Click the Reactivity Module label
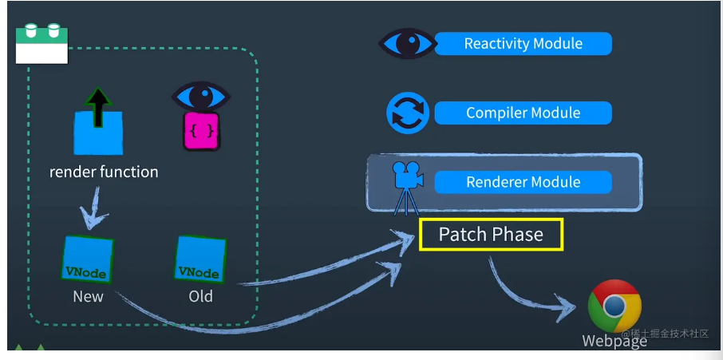click(x=523, y=44)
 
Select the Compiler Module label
click(x=523, y=113)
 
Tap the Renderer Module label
click(x=523, y=182)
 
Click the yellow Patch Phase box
click(x=491, y=235)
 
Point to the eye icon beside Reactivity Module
click(x=407, y=43)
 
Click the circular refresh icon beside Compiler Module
click(x=408, y=113)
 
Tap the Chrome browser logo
click(x=614, y=306)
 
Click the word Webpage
click(x=614, y=342)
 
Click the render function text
click(x=104, y=172)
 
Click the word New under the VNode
click(x=88, y=296)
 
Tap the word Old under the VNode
click(x=200, y=296)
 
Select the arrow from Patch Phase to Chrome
click(x=527, y=287)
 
